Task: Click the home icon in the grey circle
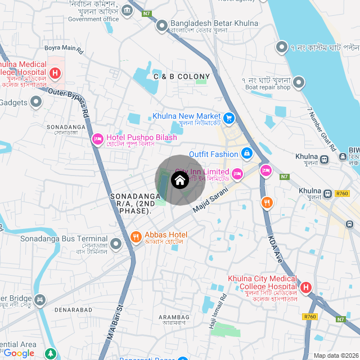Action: pyautogui.click(x=179, y=181)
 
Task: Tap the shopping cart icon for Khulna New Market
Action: pyautogui.click(x=229, y=118)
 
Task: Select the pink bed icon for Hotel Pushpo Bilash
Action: pyautogui.click(x=98, y=138)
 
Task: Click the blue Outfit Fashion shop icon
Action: pyautogui.click(x=246, y=153)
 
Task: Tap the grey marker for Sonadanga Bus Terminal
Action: pyautogui.click(x=116, y=244)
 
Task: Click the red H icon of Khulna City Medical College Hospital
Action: pyautogui.click(x=306, y=288)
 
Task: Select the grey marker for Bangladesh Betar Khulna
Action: pyautogui.click(x=162, y=26)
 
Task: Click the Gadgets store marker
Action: pyautogui.click(x=36, y=102)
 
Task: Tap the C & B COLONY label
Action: pyautogui.click(x=182, y=76)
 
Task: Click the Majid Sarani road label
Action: pyautogui.click(x=211, y=200)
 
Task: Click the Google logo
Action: pyautogui.click(x=19, y=353)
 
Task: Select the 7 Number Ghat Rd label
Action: pyautogui.click(x=322, y=129)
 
